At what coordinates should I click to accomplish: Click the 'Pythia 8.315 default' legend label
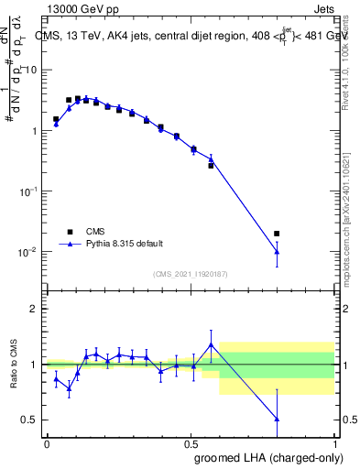125,244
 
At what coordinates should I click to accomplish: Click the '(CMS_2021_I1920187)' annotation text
190,274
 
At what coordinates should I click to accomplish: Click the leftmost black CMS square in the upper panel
56,119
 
